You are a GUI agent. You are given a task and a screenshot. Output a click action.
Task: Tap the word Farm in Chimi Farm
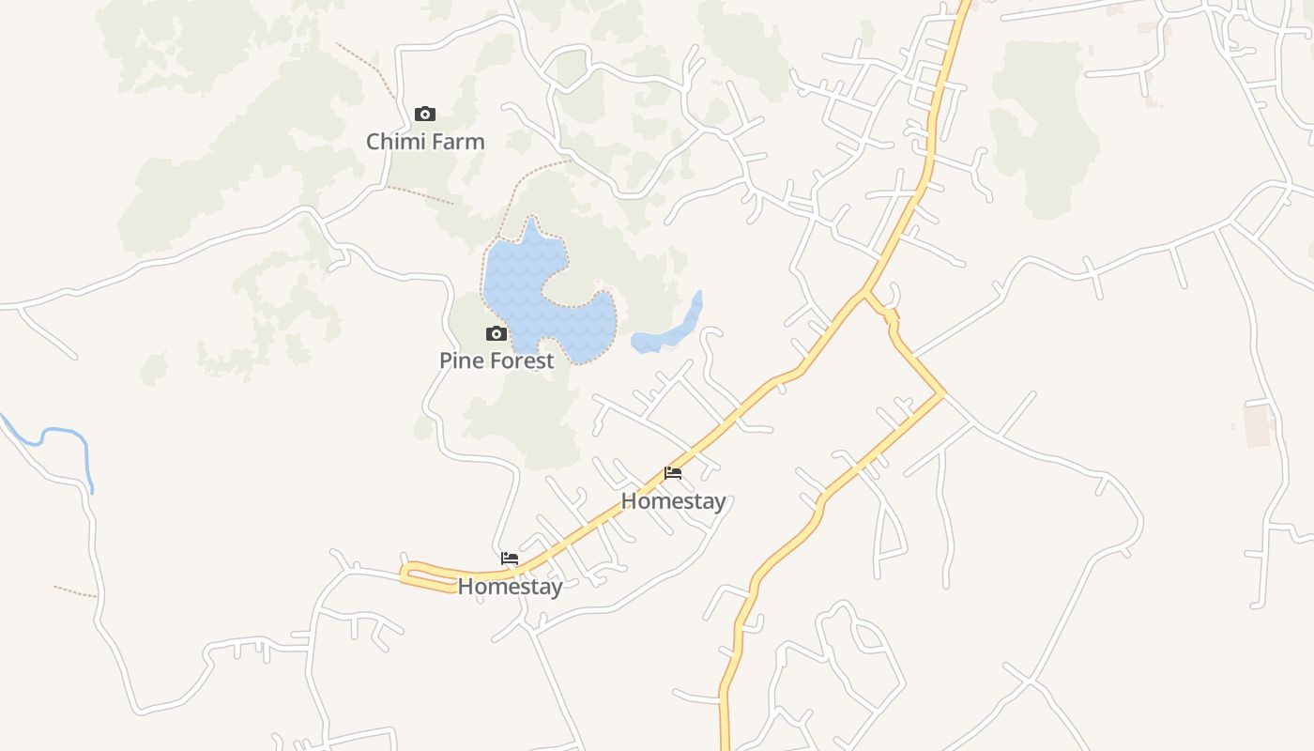455,142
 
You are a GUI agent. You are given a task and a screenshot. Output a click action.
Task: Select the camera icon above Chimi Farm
425,115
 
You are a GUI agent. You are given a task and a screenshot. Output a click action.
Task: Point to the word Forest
522,360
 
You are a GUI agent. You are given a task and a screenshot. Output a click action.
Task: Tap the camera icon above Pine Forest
496,333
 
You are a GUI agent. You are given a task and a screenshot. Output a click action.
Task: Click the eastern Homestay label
673,501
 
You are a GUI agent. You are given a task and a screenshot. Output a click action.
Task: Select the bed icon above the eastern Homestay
673,473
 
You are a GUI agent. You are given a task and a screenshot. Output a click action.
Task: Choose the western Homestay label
510,587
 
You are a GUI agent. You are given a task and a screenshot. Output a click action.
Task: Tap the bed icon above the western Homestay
510,558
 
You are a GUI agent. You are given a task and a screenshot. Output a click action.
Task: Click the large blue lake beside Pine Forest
526,282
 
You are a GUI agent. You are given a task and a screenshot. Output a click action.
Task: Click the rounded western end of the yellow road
406,573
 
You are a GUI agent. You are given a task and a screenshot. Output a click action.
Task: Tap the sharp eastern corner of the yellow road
942,392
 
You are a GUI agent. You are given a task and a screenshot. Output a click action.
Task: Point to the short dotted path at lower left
75,591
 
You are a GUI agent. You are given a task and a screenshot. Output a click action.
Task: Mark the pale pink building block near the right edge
1257,424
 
